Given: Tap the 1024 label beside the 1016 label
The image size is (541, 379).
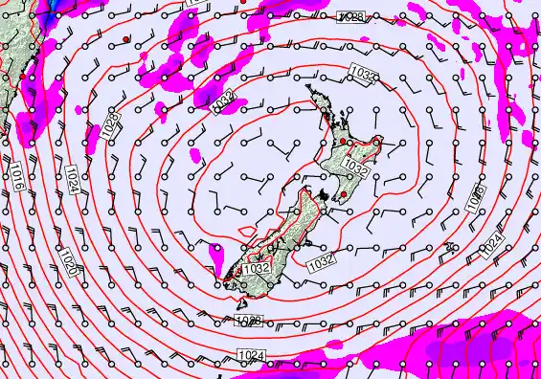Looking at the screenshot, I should click(x=73, y=177).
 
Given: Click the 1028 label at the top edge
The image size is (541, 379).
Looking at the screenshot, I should click(x=349, y=18).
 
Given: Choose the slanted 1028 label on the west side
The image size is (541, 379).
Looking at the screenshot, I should click(x=111, y=123).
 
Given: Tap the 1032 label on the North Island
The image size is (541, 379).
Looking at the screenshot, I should click(x=354, y=167).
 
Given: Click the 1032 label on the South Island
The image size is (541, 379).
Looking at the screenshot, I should click(x=256, y=270).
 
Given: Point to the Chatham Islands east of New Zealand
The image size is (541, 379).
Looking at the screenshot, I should click(x=449, y=248).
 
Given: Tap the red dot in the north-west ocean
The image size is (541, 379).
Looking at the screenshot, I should click(x=126, y=38).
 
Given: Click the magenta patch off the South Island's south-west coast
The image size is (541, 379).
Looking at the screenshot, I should click(x=214, y=253).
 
